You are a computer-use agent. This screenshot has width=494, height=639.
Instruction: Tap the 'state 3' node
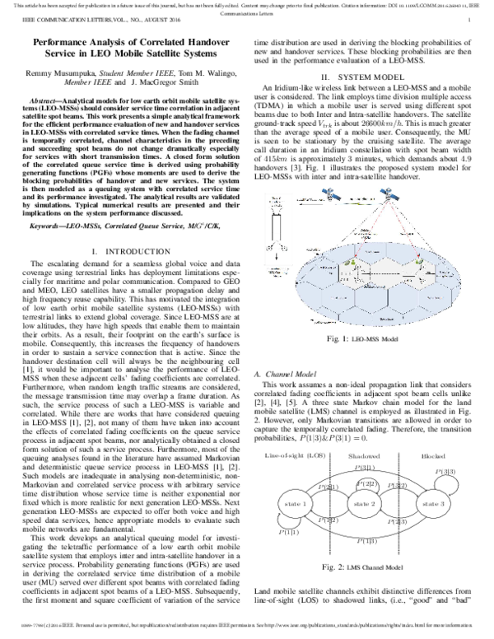pyautogui.click(x=434, y=502)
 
